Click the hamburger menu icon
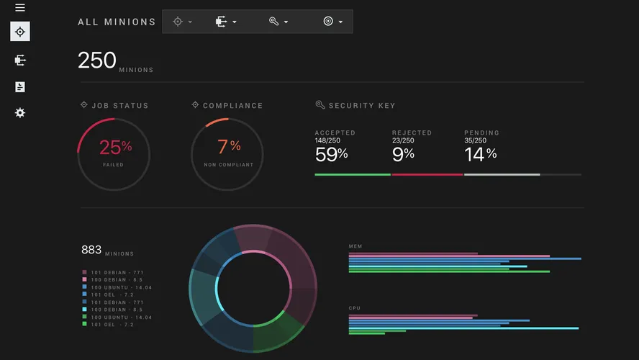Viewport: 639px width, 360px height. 20,8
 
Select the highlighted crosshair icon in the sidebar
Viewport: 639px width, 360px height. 20,32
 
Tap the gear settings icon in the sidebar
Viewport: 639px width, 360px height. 20,113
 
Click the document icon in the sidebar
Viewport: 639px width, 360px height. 20,87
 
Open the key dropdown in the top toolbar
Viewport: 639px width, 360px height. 278,22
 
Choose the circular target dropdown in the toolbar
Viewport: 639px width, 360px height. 332,22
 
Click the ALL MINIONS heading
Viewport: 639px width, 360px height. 117,22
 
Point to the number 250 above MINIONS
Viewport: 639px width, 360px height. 97,60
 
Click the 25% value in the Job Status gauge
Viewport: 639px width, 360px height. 115,148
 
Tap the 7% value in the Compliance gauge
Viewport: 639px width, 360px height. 228,147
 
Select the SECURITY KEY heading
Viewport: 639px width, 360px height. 361,106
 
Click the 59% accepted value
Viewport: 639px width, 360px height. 331,153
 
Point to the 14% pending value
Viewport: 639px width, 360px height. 480,153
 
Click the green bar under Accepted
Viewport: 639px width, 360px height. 353,174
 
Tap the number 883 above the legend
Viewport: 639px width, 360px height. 91,250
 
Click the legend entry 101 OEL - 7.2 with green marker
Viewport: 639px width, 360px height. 108,325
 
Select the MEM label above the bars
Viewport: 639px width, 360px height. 355,246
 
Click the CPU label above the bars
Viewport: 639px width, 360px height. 355,308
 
